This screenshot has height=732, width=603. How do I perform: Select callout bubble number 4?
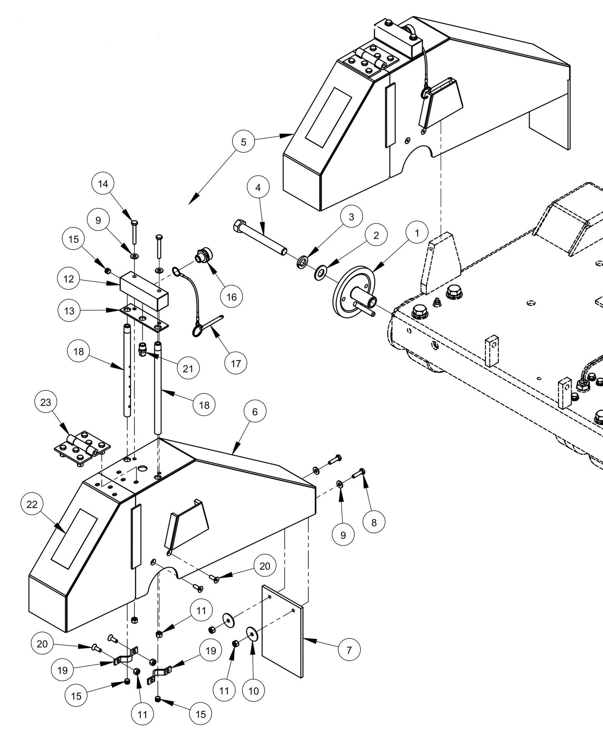coord(258,187)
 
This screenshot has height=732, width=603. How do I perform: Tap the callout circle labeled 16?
coord(231,297)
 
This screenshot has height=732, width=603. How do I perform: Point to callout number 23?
coord(46,402)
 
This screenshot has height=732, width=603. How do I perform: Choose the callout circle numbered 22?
coord(32,504)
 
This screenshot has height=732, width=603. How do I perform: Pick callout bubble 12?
coord(69,279)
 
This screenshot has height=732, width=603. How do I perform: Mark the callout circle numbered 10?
coord(253,691)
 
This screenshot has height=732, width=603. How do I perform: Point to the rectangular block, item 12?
coord(144,290)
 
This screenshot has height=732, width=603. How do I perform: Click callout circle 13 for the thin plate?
coord(69,311)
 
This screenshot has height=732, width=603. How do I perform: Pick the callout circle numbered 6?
coord(255,411)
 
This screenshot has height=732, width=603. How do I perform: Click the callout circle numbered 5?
coord(244,142)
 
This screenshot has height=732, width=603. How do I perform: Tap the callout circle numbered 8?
coord(373,522)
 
